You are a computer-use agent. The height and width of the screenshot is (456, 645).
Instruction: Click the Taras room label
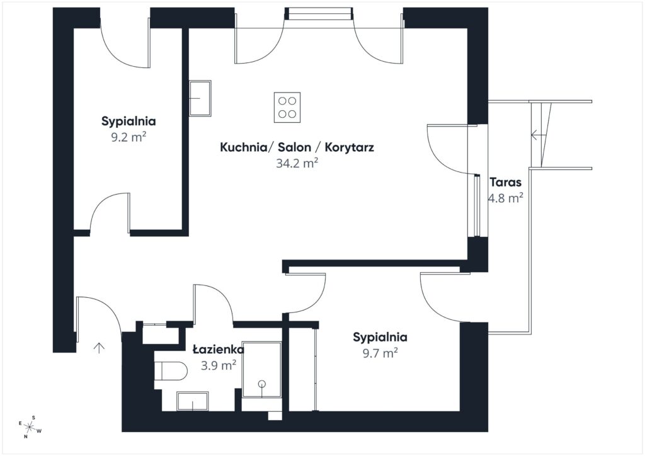(x=506, y=182)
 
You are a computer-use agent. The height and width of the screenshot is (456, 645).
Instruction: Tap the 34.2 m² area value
(x=297, y=163)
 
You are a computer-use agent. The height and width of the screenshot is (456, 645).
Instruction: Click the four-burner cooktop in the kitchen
(x=287, y=107)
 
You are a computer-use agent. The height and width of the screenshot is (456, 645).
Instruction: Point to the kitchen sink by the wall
(x=200, y=98)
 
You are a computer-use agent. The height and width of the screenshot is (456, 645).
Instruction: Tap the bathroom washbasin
(x=193, y=401)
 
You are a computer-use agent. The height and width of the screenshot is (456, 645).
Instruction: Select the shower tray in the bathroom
(x=261, y=369)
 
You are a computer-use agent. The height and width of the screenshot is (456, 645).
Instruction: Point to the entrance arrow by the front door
(x=99, y=348)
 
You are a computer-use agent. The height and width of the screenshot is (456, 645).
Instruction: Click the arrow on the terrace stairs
(x=536, y=134)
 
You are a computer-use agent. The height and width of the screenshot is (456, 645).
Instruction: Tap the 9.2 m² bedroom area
(x=128, y=137)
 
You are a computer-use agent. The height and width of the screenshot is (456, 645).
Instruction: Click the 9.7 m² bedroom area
(x=380, y=353)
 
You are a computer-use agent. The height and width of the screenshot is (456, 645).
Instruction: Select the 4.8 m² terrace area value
(x=506, y=198)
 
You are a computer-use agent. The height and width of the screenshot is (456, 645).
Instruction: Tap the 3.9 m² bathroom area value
(x=219, y=365)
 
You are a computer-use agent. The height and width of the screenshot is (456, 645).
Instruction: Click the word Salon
(x=295, y=147)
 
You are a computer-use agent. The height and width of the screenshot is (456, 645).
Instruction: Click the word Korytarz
(x=349, y=147)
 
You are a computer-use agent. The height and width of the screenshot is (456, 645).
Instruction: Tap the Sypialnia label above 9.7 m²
(x=380, y=337)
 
